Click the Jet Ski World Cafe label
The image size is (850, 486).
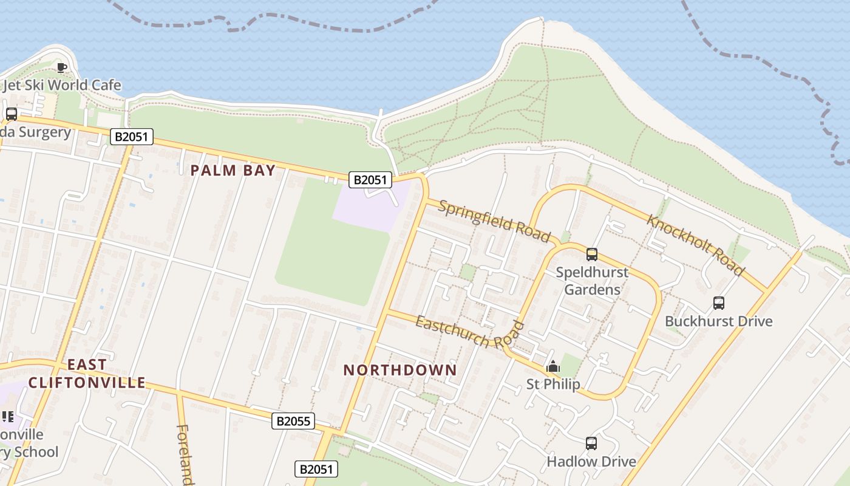(62, 85)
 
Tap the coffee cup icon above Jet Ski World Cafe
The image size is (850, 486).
(61, 67)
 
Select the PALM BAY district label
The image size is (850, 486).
(233, 170)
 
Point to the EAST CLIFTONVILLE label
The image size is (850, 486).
(87, 374)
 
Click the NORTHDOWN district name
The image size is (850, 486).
(400, 370)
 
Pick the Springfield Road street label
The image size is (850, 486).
(494, 221)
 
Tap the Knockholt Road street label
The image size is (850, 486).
(695, 245)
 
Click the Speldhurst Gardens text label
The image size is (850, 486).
(592, 281)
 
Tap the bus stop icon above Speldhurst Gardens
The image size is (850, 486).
(592, 255)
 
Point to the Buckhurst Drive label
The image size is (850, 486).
(719, 321)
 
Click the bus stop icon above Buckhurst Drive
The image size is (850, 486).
(719, 303)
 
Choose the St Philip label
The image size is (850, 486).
(552, 384)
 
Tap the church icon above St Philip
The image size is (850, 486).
(553, 367)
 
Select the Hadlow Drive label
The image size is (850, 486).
(591, 462)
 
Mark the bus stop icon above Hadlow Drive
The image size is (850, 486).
(591, 443)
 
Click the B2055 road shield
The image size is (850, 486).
(293, 421)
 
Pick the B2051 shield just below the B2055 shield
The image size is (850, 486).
(316, 469)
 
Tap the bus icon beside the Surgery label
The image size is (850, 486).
(11, 114)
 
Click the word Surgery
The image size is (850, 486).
(44, 132)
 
